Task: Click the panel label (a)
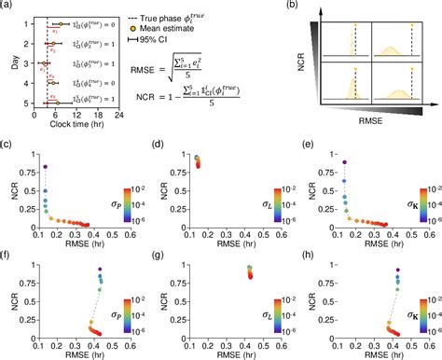pyautogui.click(x=8, y=6)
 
